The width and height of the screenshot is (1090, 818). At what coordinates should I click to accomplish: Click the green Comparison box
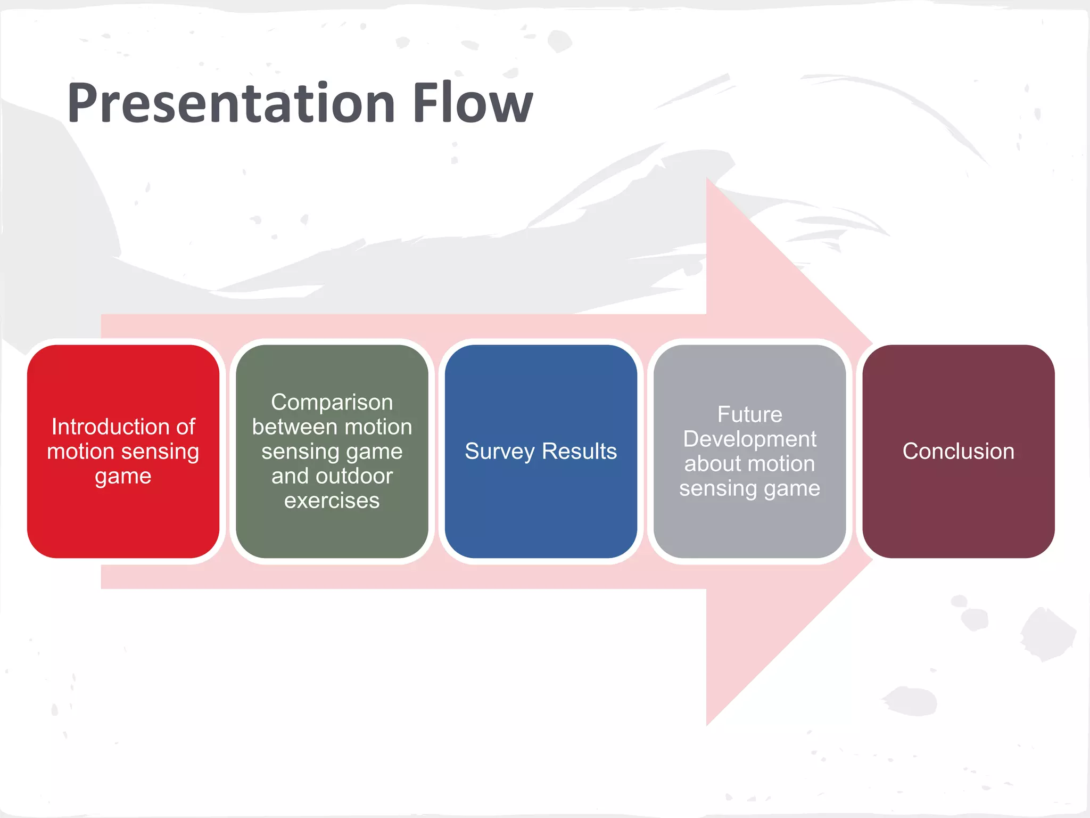pyautogui.click(x=332, y=533)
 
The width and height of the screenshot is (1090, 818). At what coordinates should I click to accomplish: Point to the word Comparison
pyautogui.click(x=332, y=402)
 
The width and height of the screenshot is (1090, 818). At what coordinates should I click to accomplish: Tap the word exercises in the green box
pyautogui.click(x=332, y=501)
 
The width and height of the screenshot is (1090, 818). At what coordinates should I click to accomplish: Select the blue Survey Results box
pyautogui.click(x=541, y=511)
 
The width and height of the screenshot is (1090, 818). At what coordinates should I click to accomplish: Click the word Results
pyautogui.click(x=579, y=451)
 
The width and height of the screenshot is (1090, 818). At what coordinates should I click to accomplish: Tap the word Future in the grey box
pyautogui.click(x=749, y=414)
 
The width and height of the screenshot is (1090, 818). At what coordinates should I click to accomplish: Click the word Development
pyautogui.click(x=749, y=439)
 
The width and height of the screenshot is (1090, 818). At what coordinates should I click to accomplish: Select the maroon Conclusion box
pyautogui.click(x=958, y=511)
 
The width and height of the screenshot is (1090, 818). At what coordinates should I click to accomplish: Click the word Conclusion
pyautogui.click(x=958, y=451)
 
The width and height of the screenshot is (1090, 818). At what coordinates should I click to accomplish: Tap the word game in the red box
pyautogui.click(x=123, y=476)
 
